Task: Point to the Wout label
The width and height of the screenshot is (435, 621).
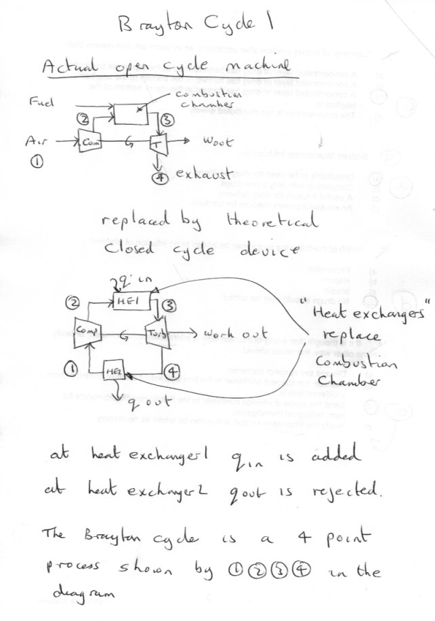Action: pos(218,144)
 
